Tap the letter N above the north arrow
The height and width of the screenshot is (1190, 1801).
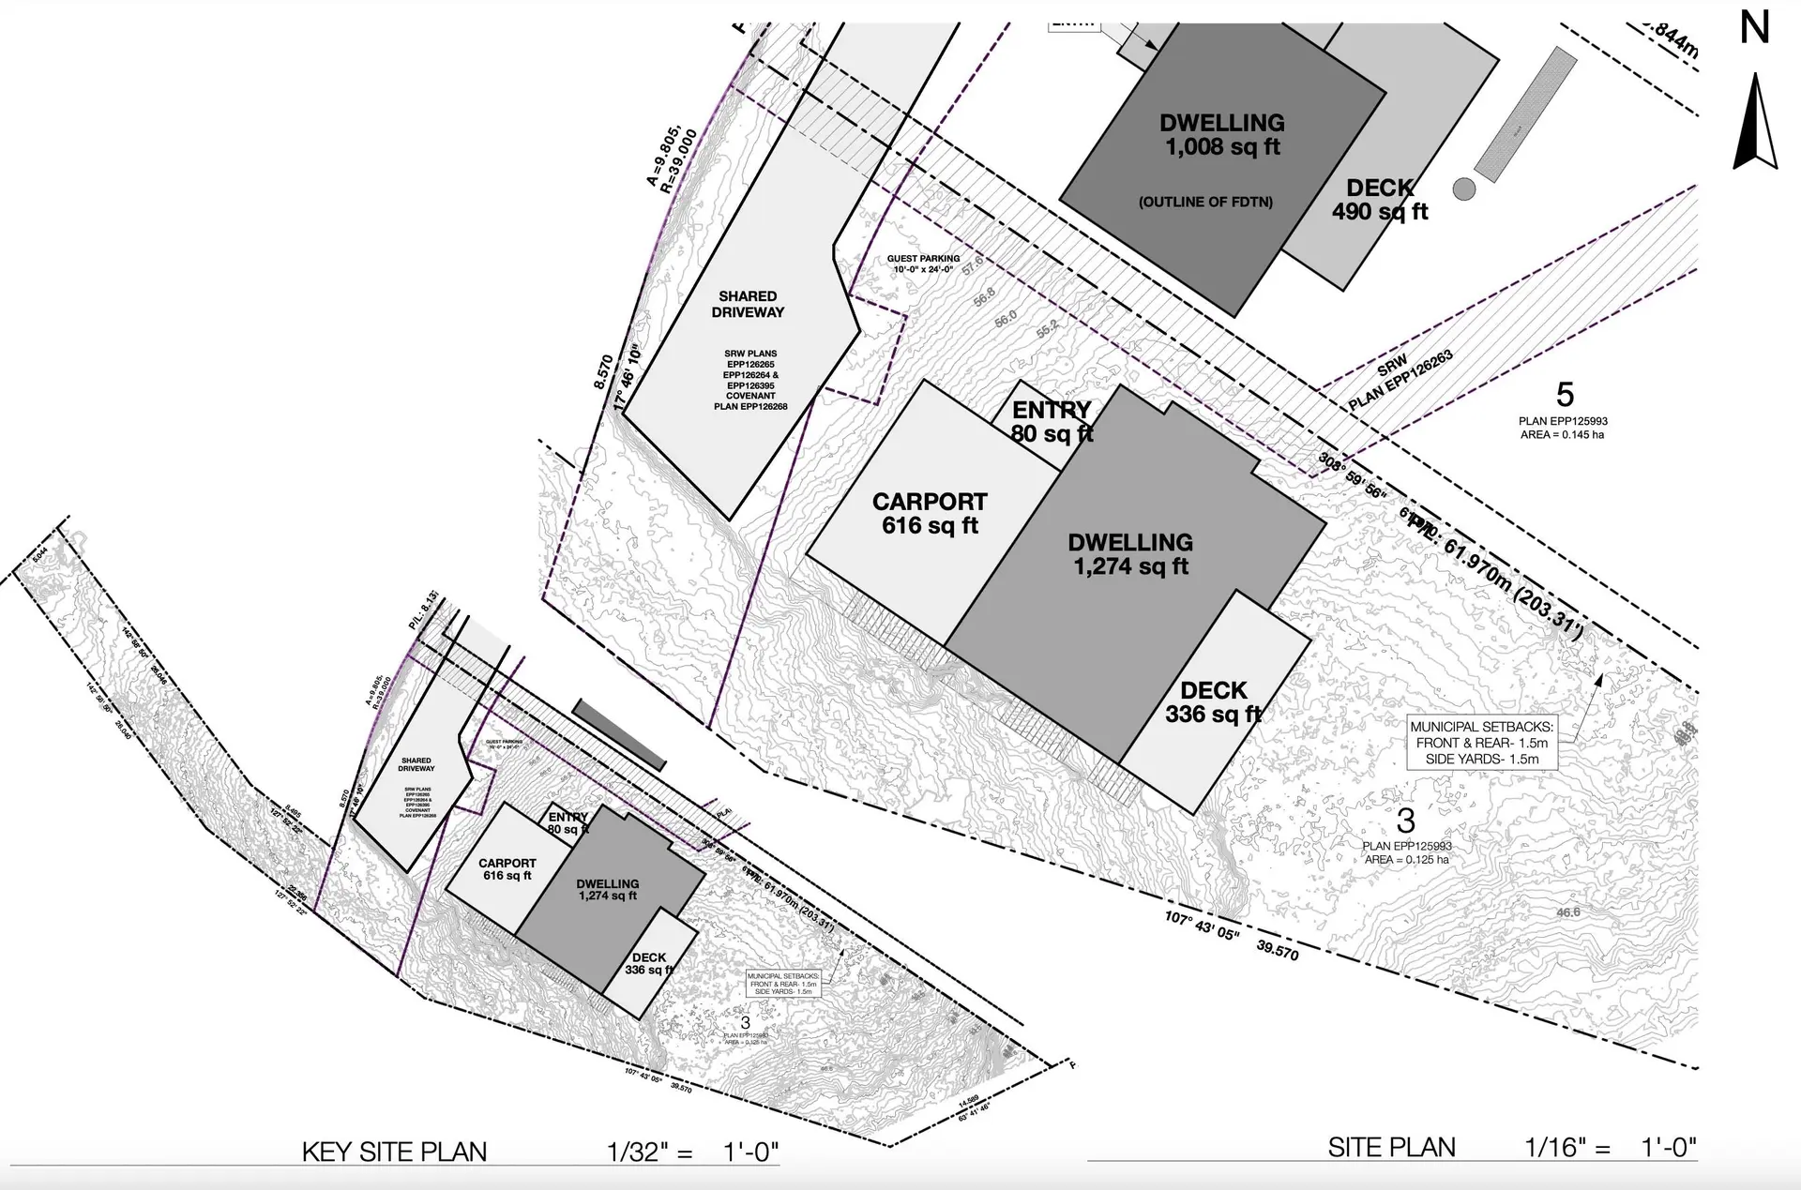[x=1754, y=28]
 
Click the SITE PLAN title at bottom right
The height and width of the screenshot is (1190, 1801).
[x=1391, y=1147]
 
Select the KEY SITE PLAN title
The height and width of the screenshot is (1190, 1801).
[x=394, y=1152]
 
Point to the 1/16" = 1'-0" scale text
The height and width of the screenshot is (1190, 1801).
[x=1610, y=1147]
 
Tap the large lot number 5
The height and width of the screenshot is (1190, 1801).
[x=1564, y=395]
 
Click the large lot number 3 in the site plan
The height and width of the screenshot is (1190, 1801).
[x=1405, y=821]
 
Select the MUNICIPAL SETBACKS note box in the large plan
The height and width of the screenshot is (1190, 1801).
[x=1482, y=743]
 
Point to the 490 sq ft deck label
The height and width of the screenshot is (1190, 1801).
[x=1380, y=200]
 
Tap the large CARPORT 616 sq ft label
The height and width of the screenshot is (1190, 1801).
[x=930, y=514]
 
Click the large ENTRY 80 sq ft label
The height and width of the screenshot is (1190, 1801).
[x=1052, y=421]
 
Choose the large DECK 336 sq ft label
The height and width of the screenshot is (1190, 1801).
[x=1213, y=702]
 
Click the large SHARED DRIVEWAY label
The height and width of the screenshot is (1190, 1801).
[x=748, y=304]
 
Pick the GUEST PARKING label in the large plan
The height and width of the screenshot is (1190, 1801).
[x=923, y=264]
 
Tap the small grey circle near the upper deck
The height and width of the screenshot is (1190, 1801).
[x=1463, y=188]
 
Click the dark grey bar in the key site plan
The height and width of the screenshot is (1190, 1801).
[x=620, y=735]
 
